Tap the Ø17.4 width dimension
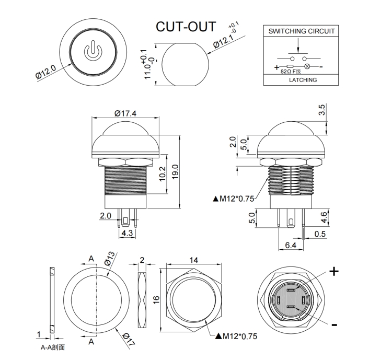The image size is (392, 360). (125, 113)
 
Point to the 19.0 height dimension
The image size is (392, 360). (176, 170)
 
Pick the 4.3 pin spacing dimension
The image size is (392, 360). (126, 233)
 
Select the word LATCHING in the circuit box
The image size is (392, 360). (303, 79)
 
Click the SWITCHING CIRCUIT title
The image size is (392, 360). (302, 31)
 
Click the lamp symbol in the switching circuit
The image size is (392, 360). (307, 67)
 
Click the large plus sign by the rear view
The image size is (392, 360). (334, 271)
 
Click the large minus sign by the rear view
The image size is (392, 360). (335, 325)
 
